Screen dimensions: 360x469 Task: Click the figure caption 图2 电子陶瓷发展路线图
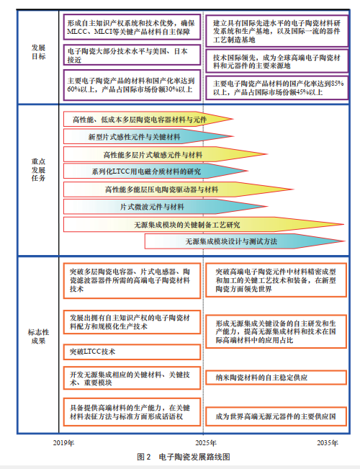tap(183, 457)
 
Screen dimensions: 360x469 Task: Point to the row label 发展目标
tap(39, 53)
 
